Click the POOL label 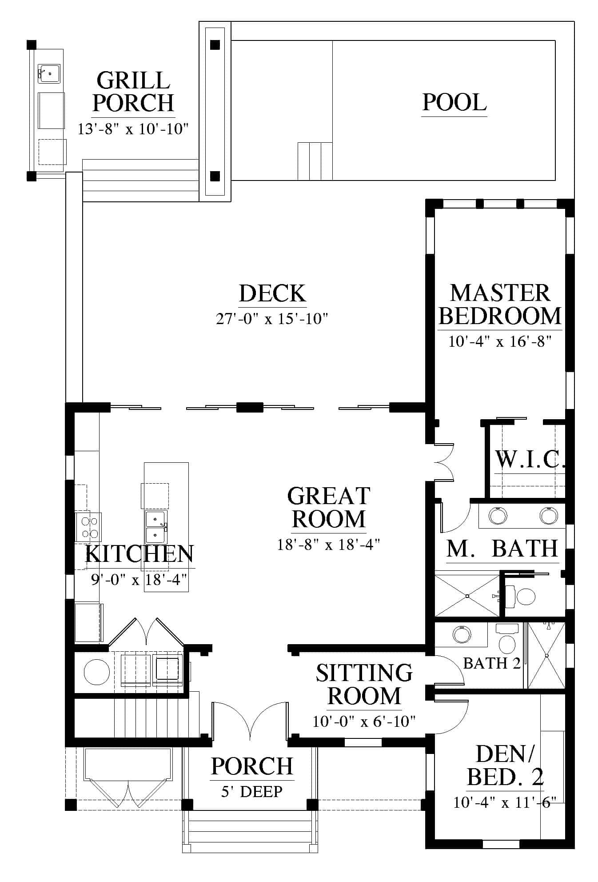point(454,102)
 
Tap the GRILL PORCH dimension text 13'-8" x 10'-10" point(133,129)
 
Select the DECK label point(272,293)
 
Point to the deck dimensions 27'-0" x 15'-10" point(272,319)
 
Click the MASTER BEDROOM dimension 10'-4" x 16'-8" point(500,341)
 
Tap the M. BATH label point(502,548)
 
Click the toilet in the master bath point(521,597)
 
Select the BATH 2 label point(492,663)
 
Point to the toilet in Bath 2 point(507,637)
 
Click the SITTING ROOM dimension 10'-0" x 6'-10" point(364,721)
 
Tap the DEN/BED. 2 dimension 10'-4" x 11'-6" point(504,802)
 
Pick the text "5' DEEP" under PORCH point(252,791)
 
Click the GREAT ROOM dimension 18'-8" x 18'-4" point(328,544)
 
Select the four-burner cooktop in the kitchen point(88,527)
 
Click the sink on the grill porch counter point(49,72)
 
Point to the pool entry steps point(315,161)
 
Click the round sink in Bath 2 point(462,634)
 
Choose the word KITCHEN point(140,554)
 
